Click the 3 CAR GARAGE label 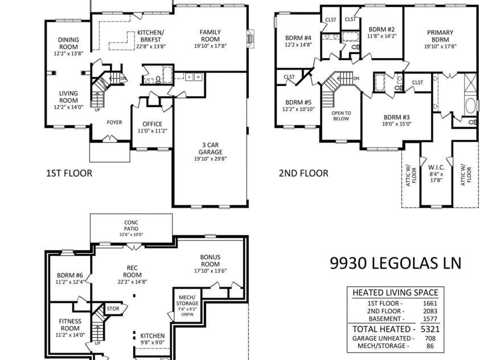[210, 149]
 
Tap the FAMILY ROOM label [210, 35]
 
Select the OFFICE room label [152, 124]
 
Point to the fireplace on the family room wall [251, 39]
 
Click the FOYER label [114, 122]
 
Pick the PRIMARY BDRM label [440, 36]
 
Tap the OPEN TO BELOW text [341, 116]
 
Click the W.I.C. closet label [436, 168]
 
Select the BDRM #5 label [298, 102]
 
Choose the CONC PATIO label [131, 226]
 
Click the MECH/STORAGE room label [187, 300]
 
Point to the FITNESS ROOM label [70, 325]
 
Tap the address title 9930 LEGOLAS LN [396, 263]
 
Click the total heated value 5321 [430, 329]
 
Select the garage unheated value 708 [430, 338]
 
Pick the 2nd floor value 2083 [430, 311]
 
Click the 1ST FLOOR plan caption [69, 173]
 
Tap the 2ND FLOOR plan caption [303, 173]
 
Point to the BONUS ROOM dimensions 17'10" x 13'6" [210, 271]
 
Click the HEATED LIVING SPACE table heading [395, 293]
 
